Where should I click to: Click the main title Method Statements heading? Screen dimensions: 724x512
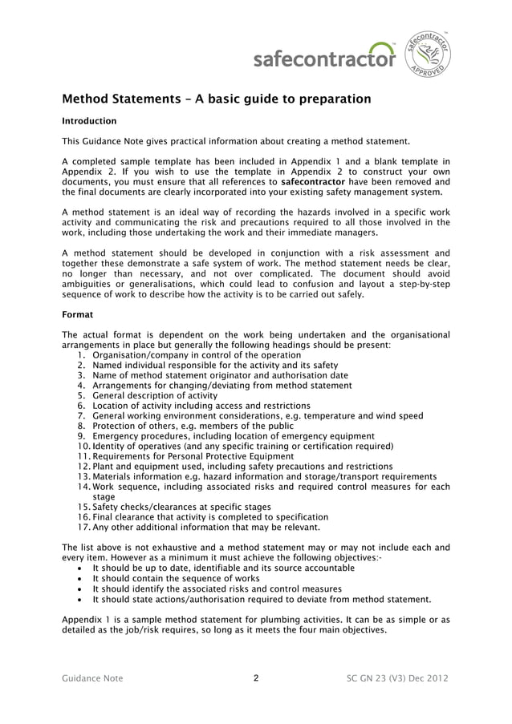click(x=217, y=99)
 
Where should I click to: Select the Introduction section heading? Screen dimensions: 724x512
click(x=89, y=121)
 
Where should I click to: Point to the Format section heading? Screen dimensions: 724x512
click(x=78, y=315)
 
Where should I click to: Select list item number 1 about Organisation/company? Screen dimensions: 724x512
click(x=197, y=355)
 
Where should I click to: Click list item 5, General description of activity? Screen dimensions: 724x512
click(x=155, y=395)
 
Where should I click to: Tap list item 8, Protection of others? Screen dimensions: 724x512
click(x=193, y=426)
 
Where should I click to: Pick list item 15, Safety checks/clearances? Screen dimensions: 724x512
click(x=181, y=507)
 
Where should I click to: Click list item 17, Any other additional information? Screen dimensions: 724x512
click(x=206, y=527)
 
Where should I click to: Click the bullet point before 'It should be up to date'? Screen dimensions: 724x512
click(x=79, y=568)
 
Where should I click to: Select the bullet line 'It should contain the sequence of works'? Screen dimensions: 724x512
click(x=176, y=578)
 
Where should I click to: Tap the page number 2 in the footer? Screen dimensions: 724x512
click(x=255, y=678)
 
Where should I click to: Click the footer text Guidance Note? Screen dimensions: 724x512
click(x=92, y=678)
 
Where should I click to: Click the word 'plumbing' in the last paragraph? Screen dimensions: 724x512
click(x=270, y=619)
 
